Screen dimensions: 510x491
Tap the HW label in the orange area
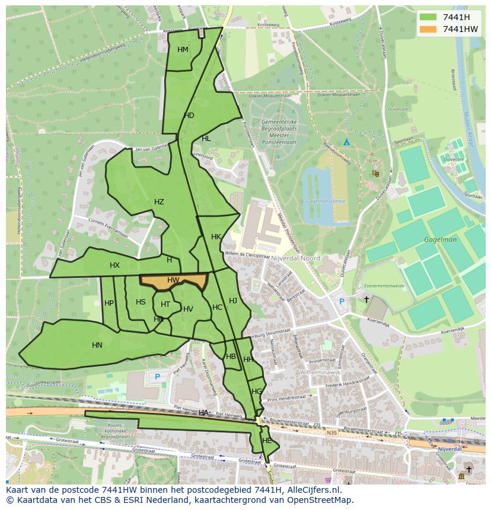click(x=173, y=280)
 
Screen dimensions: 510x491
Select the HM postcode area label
click(x=183, y=50)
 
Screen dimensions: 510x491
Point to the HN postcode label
click(x=97, y=345)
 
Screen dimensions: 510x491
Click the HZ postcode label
click(x=159, y=202)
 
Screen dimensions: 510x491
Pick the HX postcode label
click(x=115, y=265)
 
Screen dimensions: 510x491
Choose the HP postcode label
click(x=109, y=303)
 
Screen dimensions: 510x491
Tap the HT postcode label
click(x=165, y=304)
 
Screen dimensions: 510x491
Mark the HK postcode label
click(x=216, y=237)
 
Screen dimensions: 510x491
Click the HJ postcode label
click(x=233, y=301)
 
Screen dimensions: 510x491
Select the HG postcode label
click(x=257, y=392)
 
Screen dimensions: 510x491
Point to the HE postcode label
click(x=267, y=441)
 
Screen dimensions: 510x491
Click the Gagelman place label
click(x=441, y=240)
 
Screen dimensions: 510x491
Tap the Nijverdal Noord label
click(x=295, y=258)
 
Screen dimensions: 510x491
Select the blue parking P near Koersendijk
click(x=341, y=301)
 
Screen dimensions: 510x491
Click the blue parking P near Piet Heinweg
click(x=157, y=377)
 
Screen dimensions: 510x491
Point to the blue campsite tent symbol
click(x=347, y=142)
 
